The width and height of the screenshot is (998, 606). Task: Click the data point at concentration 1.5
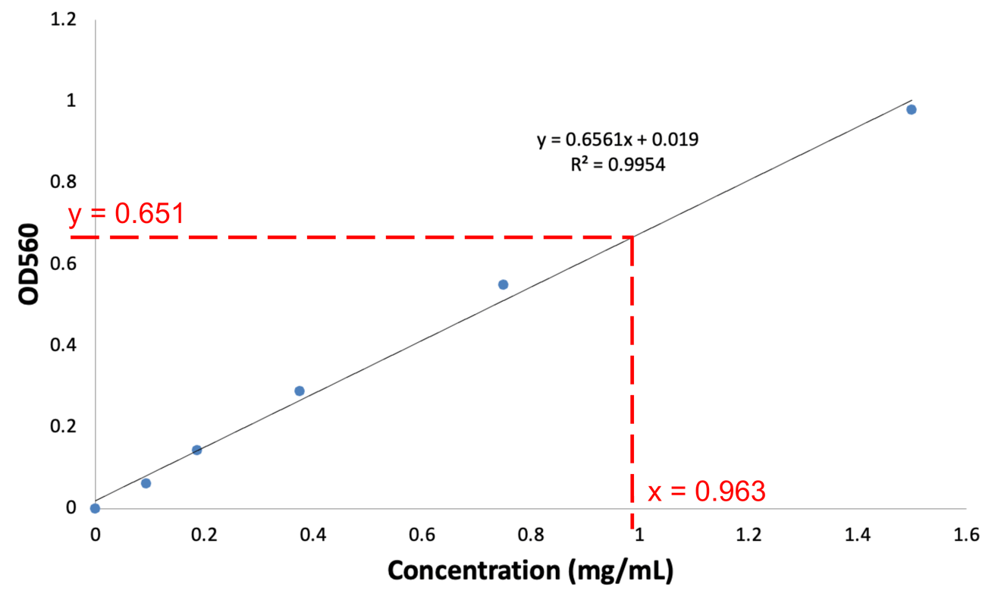pos(911,109)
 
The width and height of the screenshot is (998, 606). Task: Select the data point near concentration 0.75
pos(503,284)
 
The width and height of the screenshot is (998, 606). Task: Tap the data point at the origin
pos(95,508)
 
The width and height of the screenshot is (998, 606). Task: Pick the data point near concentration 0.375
pos(300,391)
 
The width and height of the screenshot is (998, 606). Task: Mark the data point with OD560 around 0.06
pos(146,483)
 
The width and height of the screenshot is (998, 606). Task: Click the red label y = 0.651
pos(127,214)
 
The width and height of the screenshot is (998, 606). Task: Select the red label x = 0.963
pos(707,491)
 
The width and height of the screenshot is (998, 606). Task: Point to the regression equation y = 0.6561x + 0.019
pos(617,140)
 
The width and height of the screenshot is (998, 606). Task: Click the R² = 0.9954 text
pos(617,165)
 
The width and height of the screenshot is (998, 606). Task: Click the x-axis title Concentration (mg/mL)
pos(530,571)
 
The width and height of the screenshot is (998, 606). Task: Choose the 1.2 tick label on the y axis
pos(63,20)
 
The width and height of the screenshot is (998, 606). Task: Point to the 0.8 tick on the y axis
pos(63,182)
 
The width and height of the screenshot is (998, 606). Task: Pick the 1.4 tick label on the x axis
pos(858,535)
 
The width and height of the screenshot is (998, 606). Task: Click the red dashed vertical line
pos(632,379)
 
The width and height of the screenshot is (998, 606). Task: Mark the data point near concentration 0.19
pos(196,450)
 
